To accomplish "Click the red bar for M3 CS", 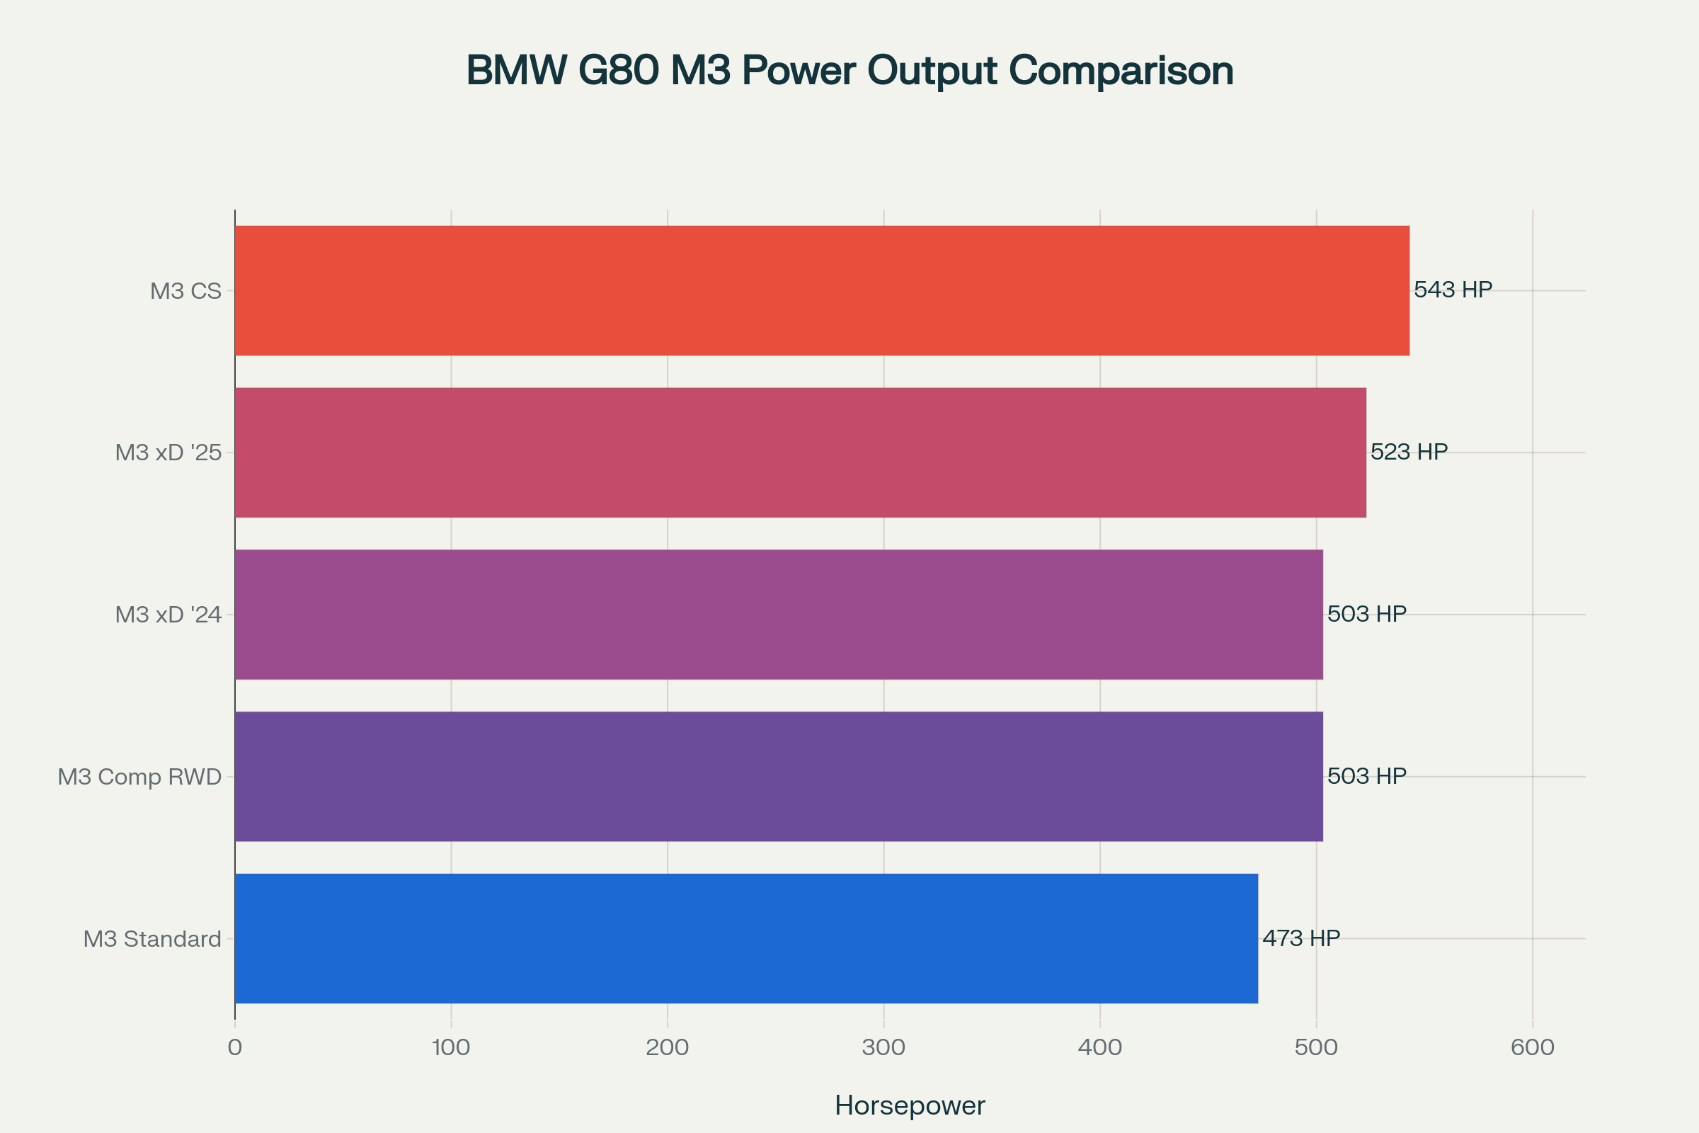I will coord(822,290).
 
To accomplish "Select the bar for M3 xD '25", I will coord(801,452).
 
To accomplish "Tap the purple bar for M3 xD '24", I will coord(779,614).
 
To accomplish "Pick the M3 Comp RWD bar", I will coord(779,776).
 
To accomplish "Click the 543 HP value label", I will coord(1453,290).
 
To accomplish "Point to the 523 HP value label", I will coord(1409,452).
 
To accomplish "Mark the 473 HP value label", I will coord(1301,938).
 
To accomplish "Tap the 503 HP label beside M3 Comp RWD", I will coord(1367,776).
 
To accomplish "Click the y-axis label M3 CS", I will coord(185,291).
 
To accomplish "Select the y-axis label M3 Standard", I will coord(152,939).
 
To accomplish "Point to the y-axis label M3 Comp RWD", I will coord(139,777).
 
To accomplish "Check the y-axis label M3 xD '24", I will coord(168,615).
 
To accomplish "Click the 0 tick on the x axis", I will coord(235,1047).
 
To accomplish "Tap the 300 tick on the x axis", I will coord(883,1047).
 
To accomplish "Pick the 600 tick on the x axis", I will coord(1532,1047).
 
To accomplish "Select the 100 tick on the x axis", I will coord(451,1047).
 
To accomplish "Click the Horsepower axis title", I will coord(910,1105).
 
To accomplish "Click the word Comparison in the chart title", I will coord(1121,71).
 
